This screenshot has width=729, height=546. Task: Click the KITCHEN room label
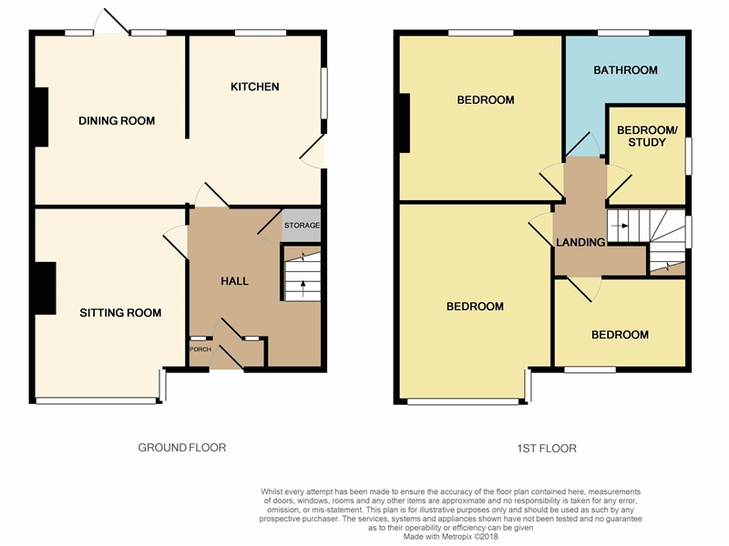pyautogui.click(x=255, y=86)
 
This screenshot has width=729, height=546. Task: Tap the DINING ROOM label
pyautogui.click(x=117, y=121)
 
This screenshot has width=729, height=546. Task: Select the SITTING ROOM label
pyautogui.click(x=120, y=313)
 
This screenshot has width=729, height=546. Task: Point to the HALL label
pyautogui.click(x=234, y=281)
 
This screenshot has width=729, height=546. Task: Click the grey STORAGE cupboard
pyautogui.click(x=302, y=226)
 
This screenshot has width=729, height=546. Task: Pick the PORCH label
pyautogui.click(x=200, y=349)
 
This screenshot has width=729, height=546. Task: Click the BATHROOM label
pyautogui.click(x=625, y=70)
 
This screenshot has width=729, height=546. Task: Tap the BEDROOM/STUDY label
pyautogui.click(x=647, y=136)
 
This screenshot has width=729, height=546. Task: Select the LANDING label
pyautogui.click(x=580, y=242)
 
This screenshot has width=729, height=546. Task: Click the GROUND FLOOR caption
pyautogui.click(x=182, y=448)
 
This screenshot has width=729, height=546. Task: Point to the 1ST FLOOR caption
pyautogui.click(x=547, y=449)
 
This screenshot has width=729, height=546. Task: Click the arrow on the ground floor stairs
pyautogui.click(x=303, y=288)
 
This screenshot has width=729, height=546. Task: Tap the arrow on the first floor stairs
pyautogui.click(x=620, y=226)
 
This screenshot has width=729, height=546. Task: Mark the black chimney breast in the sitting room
pyautogui.click(x=45, y=288)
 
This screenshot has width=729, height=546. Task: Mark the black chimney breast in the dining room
pyautogui.click(x=41, y=117)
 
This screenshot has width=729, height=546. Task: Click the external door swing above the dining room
pyautogui.click(x=111, y=21)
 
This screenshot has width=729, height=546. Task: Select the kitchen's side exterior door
pyautogui.click(x=313, y=151)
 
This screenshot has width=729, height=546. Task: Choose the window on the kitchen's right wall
pyautogui.click(x=324, y=94)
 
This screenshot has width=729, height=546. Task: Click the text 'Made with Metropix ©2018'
pyautogui.click(x=450, y=537)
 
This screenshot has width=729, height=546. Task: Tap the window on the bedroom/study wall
pyautogui.click(x=689, y=156)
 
